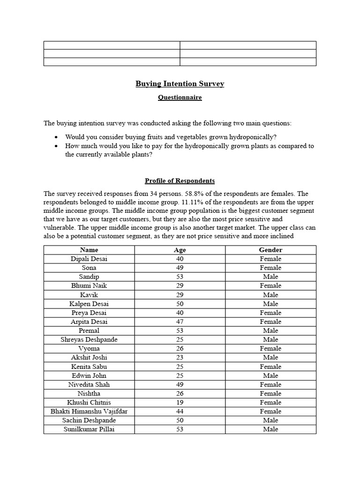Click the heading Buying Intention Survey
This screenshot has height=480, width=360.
coord(180,84)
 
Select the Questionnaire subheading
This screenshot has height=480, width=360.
coord(180,97)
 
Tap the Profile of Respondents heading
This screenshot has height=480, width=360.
coord(180,180)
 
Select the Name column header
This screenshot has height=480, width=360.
coord(89,250)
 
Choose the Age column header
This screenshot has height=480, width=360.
coord(180,250)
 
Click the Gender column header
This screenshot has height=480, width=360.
coord(270,250)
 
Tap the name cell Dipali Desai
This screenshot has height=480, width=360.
coord(89,259)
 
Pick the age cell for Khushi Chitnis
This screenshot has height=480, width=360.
coord(180,402)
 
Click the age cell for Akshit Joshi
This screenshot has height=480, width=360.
coord(180,357)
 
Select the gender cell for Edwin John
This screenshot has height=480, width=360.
coord(270,375)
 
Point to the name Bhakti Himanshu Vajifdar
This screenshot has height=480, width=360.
coord(89,411)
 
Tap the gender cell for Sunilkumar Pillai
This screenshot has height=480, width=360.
coord(270,429)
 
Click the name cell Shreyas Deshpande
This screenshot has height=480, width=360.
coord(89,339)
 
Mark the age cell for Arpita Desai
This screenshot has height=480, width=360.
coord(180,322)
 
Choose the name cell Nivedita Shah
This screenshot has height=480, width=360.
coord(89,384)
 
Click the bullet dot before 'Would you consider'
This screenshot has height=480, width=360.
coord(56,137)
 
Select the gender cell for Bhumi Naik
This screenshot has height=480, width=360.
coord(270,285)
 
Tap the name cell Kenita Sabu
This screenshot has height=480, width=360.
coord(89,367)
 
